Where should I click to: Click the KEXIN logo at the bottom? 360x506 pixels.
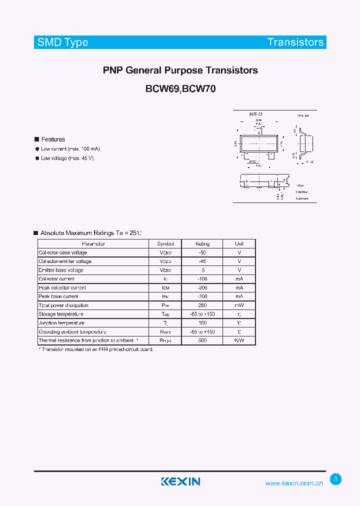click(180, 481)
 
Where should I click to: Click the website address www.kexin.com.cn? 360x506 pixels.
click(294, 483)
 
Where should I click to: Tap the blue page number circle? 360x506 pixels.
click(336, 479)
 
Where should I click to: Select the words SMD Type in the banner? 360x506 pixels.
click(63, 42)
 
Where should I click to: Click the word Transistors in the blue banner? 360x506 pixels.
click(295, 42)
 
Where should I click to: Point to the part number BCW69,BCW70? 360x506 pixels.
click(180, 89)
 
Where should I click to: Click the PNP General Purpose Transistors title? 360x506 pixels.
click(180, 70)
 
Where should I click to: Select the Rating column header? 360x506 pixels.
click(202, 243)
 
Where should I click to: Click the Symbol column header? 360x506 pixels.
click(165, 243)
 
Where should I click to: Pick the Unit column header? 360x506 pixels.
click(239, 243)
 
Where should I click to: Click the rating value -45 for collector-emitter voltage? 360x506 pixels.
click(202, 261)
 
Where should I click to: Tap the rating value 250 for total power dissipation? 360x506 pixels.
click(202, 305)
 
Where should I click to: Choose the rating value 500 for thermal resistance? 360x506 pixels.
click(202, 340)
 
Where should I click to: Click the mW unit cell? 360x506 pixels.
click(239, 305)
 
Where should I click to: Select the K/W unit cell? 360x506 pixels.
click(239, 340)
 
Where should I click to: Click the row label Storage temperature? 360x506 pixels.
click(61, 314)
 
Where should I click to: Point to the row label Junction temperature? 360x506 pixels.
click(61, 323)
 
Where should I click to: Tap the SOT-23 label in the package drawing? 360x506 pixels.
click(255, 114)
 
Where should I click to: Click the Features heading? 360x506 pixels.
click(53, 139)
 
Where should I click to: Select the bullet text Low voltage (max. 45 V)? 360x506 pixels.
click(67, 158)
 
